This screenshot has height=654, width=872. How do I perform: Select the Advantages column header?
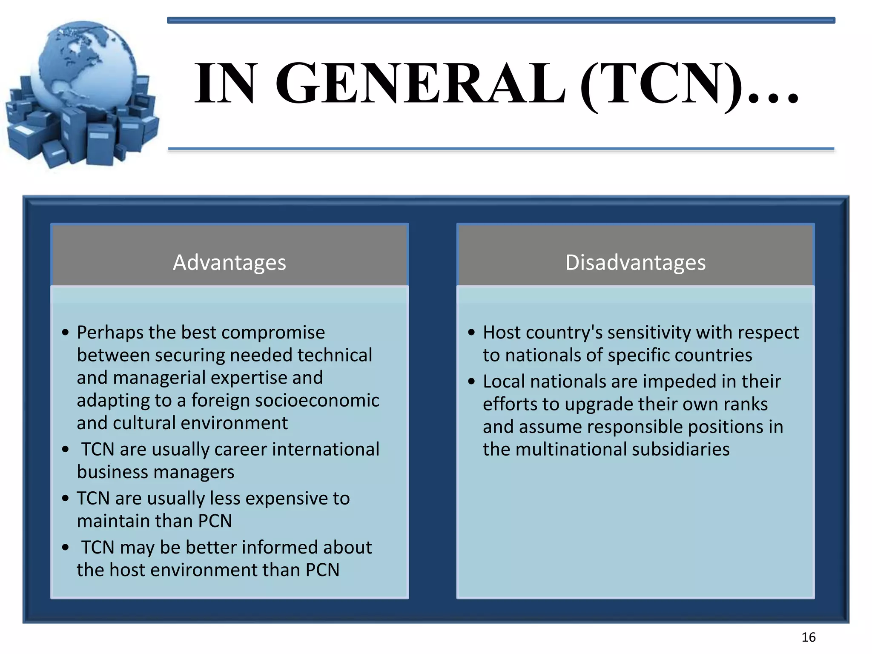point(229,262)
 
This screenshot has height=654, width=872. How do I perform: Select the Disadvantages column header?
point(635,262)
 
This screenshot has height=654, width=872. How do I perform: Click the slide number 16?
point(808,637)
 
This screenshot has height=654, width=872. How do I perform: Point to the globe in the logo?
point(85,64)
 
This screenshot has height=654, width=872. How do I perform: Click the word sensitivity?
point(648,333)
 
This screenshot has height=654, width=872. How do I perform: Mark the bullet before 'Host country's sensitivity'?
point(471,333)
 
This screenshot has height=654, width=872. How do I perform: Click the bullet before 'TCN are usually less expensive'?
point(65,499)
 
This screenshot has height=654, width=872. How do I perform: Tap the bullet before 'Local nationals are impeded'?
point(471,381)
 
